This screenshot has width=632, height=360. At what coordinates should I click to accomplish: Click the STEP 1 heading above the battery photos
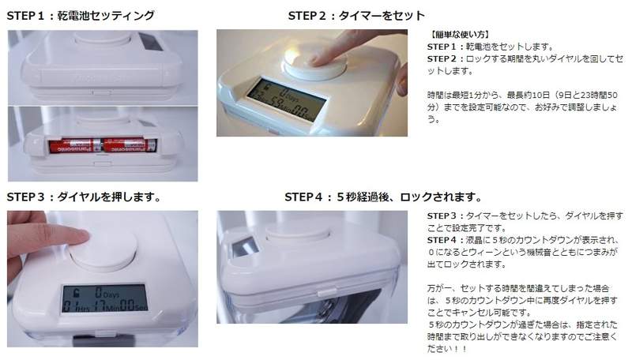[x=81, y=16]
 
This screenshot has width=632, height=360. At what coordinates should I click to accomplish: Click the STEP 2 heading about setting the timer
[x=356, y=16]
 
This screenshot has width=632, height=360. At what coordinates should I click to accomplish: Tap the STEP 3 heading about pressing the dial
[x=84, y=197]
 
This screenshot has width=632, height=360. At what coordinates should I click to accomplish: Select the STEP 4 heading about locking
[x=383, y=197]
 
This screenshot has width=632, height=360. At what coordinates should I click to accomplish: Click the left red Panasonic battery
[x=75, y=146]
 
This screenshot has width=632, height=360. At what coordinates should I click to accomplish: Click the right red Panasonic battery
[x=129, y=146]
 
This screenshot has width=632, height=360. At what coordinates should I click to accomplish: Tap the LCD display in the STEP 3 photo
[x=105, y=298]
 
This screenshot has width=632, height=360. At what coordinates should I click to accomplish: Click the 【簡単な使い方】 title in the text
[x=458, y=34]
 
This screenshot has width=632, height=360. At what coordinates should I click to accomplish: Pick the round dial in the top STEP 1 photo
[x=103, y=38]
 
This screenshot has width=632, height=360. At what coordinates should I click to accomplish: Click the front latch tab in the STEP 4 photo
[x=326, y=291]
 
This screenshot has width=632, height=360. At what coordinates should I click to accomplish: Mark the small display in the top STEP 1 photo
[x=151, y=42]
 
